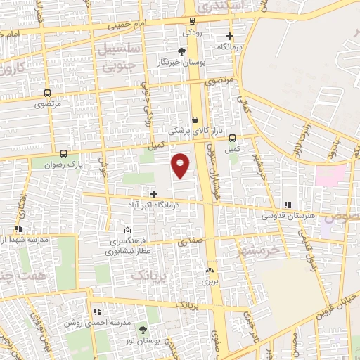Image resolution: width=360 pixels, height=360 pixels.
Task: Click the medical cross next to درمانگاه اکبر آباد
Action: tap(154, 193)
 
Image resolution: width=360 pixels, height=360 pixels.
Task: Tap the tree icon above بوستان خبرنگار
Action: tap(182, 51)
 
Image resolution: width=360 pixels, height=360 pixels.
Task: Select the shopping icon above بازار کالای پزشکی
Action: tap(194, 120)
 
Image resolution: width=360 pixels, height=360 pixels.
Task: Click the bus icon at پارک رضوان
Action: tap(64, 153)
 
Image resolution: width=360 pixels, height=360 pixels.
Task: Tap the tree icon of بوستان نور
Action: tap(144, 329)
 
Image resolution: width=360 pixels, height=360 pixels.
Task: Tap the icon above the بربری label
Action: tap(210, 270)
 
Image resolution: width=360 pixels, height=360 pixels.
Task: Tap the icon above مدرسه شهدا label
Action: tap(19, 229)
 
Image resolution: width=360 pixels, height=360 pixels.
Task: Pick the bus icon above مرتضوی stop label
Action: tap(47, 93)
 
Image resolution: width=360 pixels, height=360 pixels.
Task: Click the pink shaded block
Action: tap(330, 175)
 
